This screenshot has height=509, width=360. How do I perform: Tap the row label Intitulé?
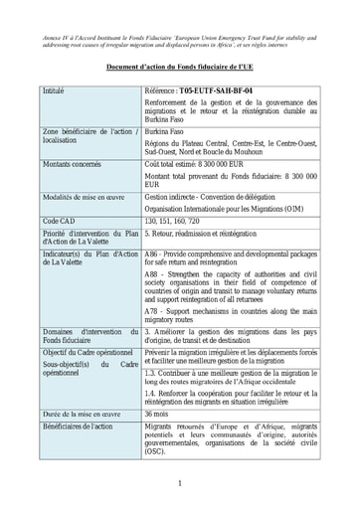[x=59, y=91]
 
